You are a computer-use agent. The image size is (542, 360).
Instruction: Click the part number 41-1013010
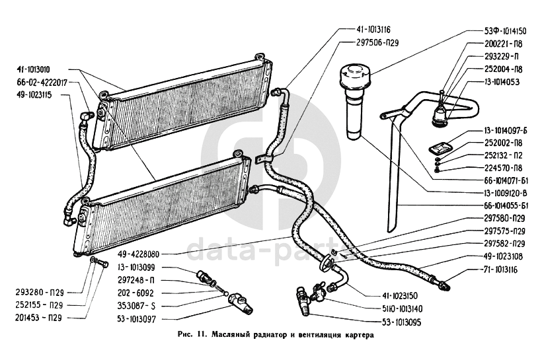[x=38, y=69]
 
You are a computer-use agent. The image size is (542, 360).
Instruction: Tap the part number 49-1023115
[x=37, y=95]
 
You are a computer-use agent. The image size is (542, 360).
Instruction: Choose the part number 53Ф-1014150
[x=504, y=30]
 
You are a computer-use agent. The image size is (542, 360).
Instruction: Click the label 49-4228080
[x=141, y=252]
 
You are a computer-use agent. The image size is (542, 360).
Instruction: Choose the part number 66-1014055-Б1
[x=500, y=205]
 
